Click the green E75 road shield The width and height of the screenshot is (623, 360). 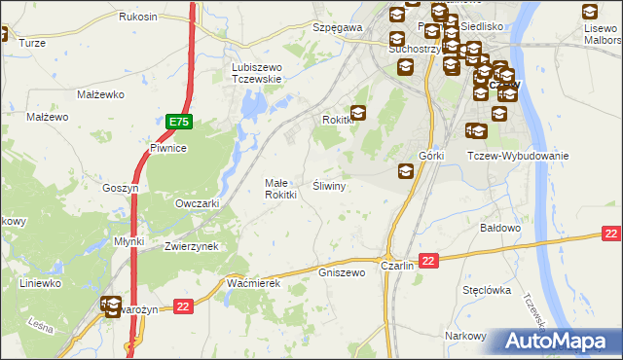tap(178, 122)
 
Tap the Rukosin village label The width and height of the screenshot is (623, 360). tap(138, 18)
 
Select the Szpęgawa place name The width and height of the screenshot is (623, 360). tap(337, 28)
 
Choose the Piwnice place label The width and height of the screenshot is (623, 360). tap(166, 148)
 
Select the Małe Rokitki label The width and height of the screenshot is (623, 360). tap(281, 188)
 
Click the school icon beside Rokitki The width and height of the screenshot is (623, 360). tap(358, 114)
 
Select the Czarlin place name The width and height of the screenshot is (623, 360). tap(398, 265)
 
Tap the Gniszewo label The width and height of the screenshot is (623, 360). tap(342, 272)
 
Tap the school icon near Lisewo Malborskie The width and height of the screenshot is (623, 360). tap(590, 13)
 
